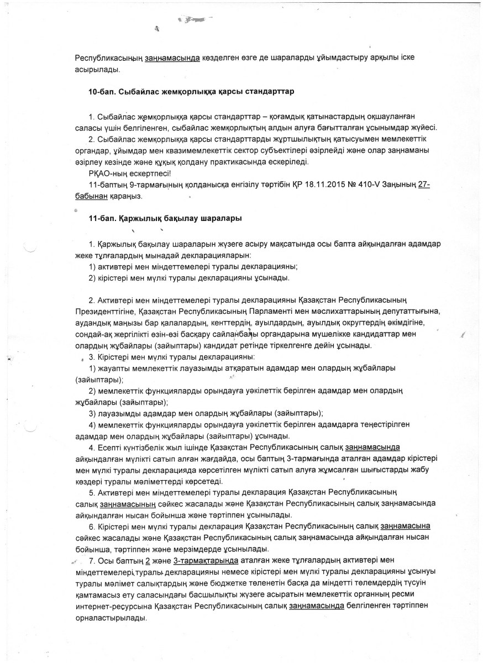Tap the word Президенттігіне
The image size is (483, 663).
point(105,312)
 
